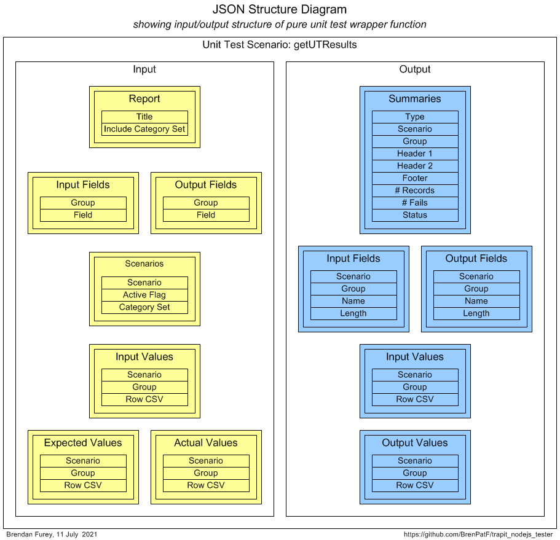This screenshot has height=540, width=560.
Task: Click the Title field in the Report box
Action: point(144,117)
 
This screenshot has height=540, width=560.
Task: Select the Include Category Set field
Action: point(144,129)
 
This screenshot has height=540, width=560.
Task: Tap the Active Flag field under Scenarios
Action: point(144,295)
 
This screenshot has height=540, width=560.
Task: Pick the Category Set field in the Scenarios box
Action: point(144,307)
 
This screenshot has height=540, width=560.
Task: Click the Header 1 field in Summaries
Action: point(415,154)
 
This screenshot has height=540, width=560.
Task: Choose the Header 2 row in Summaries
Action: point(415,166)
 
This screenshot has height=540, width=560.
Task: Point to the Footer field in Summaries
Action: point(415,178)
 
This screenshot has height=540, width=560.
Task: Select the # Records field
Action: point(415,190)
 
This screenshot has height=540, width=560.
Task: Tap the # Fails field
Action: point(415,203)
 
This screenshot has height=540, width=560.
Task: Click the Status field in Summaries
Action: point(415,215)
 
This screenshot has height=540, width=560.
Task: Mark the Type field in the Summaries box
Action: point(415,117)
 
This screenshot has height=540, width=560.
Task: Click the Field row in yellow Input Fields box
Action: point(83,215)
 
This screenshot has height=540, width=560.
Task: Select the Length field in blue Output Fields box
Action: point(476,313)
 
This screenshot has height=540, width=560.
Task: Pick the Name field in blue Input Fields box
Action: point(353,301)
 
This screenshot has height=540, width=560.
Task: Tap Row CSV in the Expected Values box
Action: point(83,485)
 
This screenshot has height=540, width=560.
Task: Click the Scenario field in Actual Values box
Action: point(206,461)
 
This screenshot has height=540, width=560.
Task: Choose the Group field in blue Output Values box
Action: point(415,473)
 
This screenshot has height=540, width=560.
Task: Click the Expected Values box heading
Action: point(83,443)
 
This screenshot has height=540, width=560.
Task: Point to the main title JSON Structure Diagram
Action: point(280,9)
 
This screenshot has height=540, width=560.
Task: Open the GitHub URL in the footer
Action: point(478,534)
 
